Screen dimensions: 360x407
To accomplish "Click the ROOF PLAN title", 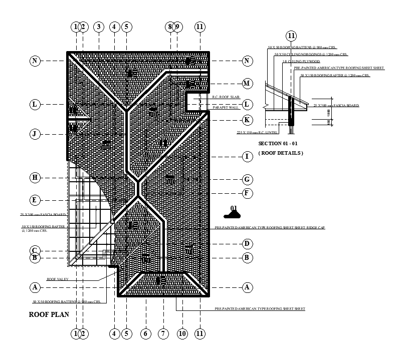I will click(x=48, y=315).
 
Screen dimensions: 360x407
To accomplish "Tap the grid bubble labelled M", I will click(x=247, y=83).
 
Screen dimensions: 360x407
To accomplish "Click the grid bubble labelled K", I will click(x=247, y=120).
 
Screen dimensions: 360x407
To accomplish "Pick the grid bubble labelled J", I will click(x=35, y=134).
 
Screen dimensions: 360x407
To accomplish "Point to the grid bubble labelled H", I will click(x=35, y=177).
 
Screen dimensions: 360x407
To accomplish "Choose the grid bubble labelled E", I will click(x=35, y=200).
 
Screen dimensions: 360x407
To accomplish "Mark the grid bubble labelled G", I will click(x=247, y=179).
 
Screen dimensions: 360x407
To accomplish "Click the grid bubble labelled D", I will click(x=247, y=244).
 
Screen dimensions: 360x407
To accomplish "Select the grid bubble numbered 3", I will click(x=99, y=27).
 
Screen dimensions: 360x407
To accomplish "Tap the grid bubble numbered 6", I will click(x=146, y=333).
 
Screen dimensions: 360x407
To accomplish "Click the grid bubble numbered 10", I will click(x=182, y=333).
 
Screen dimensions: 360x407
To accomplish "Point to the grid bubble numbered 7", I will click(x=163, y=333).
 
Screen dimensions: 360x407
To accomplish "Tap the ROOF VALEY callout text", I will click(x=58, y=279).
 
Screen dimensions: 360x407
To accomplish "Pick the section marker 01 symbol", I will click(x=233, y=212).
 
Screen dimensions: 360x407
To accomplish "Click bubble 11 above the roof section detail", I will click(x=291, y=36).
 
